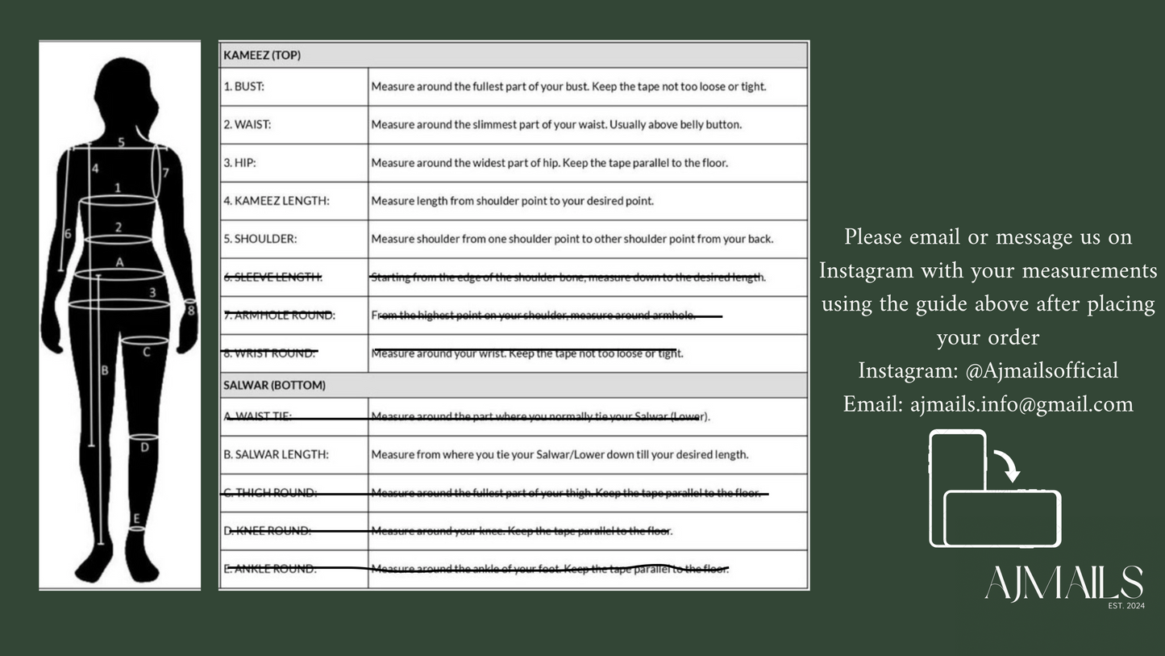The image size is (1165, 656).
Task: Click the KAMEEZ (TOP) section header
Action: pos(262,56)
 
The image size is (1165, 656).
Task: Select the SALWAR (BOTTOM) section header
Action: pos(274,385)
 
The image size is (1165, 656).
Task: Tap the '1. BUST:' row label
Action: pos(243,86)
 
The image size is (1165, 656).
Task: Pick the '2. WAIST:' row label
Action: pos(247,124)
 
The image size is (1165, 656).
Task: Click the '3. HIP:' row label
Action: pos(239,162)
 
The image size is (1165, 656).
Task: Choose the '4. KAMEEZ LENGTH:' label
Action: pos(277,201)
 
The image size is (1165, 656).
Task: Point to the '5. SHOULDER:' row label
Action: pos(260,239)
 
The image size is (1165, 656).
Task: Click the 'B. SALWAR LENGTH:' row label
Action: pos(276,454)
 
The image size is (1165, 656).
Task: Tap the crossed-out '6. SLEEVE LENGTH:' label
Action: pos(273,277)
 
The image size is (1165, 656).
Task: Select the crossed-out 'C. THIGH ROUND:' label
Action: pos(270,492)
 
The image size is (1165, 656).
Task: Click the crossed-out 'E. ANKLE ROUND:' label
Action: pos(270,569)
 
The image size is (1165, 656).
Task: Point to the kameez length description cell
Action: pos(512,201)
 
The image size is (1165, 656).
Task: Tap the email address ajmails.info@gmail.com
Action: pos(1021,403)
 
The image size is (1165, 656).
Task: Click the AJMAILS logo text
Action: pos(1063,583)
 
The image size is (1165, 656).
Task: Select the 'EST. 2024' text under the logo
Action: pos(1126,605)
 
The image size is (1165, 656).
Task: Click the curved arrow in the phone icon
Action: pos(1007,465)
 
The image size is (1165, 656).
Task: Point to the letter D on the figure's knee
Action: pos(144,446)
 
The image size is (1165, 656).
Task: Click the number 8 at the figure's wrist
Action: pos(190,309)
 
